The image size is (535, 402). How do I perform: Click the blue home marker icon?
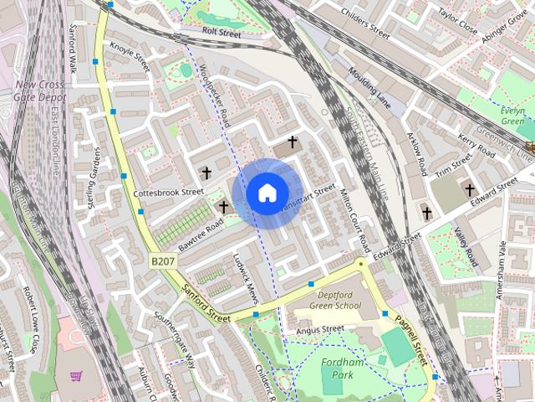(266, 193)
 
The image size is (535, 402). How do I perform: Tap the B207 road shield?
(163, 262)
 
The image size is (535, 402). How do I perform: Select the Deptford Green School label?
(339, 300)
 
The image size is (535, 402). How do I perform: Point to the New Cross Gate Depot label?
(39, 91)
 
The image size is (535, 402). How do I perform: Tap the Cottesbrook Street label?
(169, 192)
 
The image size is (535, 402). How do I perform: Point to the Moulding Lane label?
(370, 90)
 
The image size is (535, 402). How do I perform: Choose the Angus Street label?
(321, 330)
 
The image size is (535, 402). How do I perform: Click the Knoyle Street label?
(130, 56)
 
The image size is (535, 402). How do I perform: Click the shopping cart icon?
(76, 377)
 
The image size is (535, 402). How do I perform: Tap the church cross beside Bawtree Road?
(223, 205)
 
